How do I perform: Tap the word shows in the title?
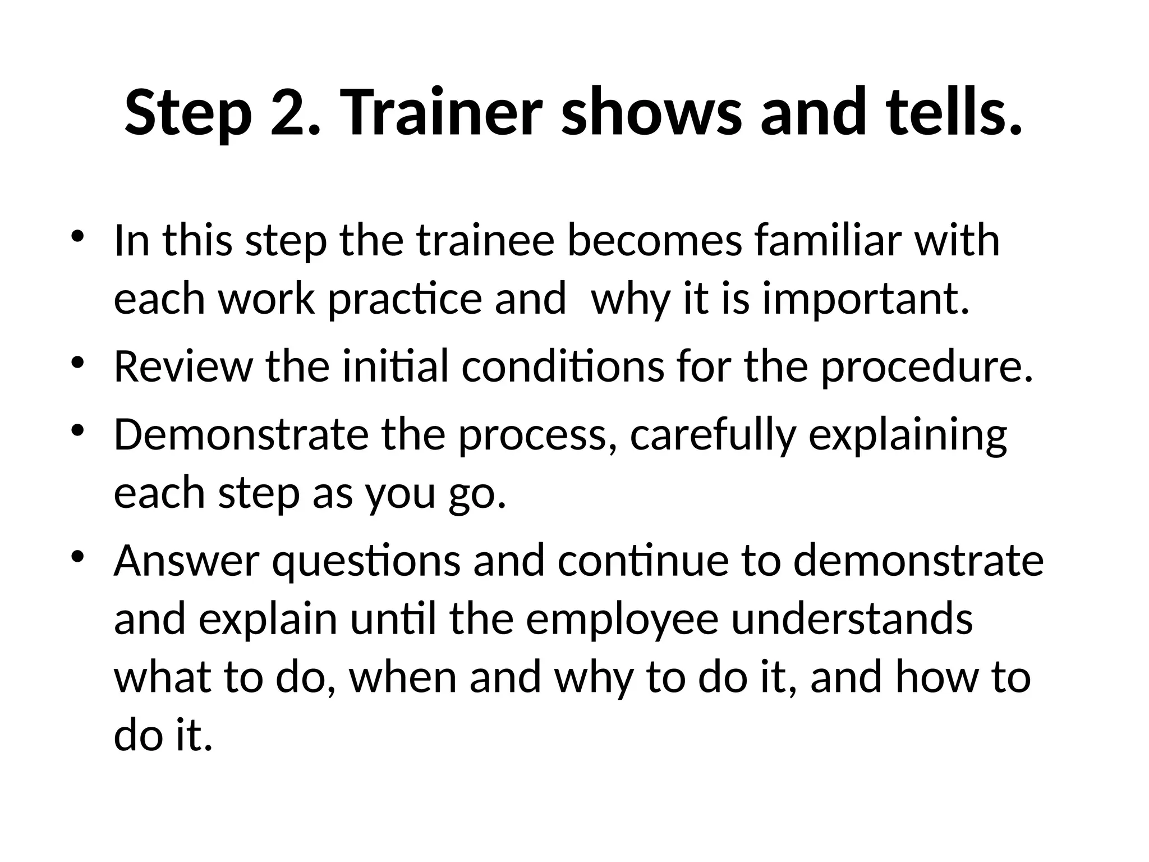(x=651, y=112)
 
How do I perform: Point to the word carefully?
(x=713, y=435)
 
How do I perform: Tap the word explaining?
(x=907, y=435)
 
